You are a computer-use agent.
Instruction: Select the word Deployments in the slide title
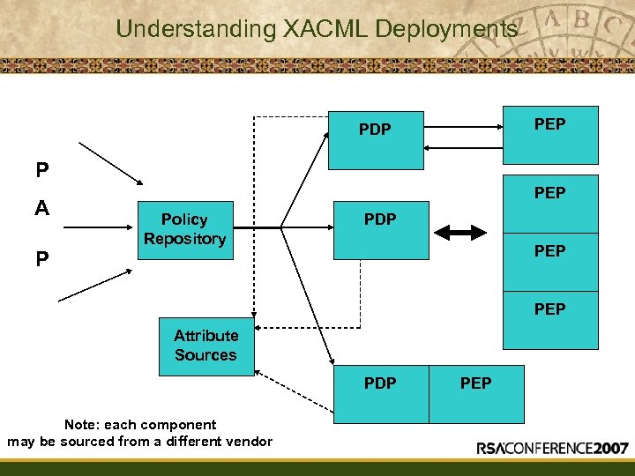446,28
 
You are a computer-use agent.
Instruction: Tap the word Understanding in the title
196,28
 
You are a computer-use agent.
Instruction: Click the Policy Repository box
184,229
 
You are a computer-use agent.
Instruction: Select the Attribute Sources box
205,345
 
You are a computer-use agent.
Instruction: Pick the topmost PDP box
376,139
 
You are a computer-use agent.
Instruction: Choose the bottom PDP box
381,393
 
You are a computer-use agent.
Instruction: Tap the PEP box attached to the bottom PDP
476,393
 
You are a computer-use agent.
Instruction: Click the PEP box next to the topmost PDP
549,135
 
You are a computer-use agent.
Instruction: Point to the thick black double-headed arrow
462,232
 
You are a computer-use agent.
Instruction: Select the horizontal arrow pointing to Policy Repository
97,227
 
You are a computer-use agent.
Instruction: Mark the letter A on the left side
41,209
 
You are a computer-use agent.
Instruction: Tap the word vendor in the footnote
250,441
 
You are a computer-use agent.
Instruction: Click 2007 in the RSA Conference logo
609,448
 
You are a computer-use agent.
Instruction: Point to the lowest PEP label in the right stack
549,309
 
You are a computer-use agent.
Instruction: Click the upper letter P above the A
41,169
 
